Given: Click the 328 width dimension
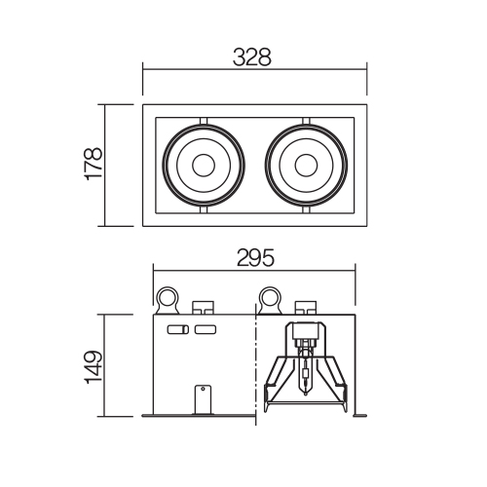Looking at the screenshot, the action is [x=252, y=57].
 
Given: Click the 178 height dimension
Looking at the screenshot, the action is [x=94, y=164].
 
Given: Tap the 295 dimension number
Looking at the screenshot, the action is [x=255, y=258].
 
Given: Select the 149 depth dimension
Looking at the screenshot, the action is [x=94, y=367].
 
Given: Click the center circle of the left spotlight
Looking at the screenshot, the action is [x=204, y=166].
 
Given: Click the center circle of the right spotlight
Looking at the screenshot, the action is [x=306, y=166].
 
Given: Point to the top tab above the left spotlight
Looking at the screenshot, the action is [x=204, y=121].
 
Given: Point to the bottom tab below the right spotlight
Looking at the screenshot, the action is [x=306, y=209].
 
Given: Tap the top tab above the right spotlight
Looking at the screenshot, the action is [x=306, y=121].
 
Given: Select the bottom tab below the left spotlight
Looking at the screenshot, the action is [x=204, y=209].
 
